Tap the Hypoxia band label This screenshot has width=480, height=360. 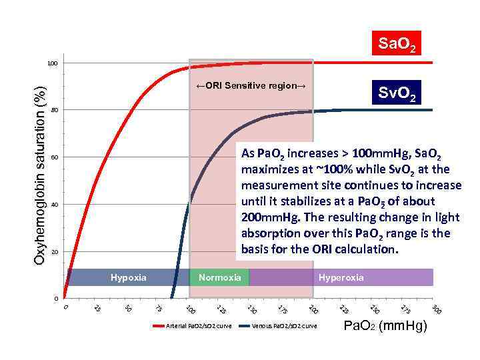click(x=128, y=277)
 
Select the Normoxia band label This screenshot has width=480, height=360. click(x=219, y=277)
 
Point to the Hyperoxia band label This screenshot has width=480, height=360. click(x=341, y=277)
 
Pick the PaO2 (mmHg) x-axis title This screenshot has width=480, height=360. click(x=385, y=326)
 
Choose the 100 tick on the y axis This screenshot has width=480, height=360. click(x=53, y=63)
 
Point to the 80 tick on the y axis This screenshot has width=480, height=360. click(x=55, y=110)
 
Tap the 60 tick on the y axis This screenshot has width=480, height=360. click(x=55, y=157)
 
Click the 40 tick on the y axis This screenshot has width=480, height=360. click(x=55, y=205)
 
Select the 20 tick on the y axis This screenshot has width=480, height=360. click(x=55, y=252)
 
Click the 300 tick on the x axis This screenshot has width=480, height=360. click(x=436, y=309)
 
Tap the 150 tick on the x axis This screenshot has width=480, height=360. click(x=251, y=309)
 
